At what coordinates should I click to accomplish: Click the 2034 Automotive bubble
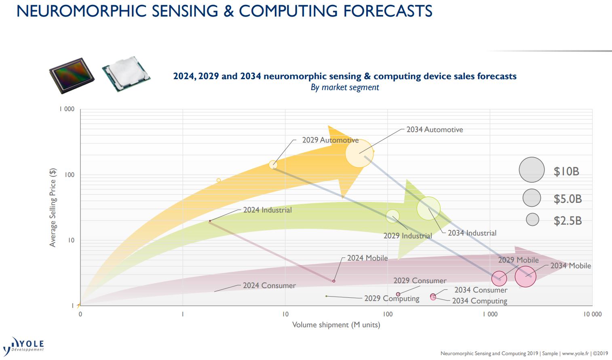coord(359,153)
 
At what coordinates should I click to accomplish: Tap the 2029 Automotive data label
coord(330,140)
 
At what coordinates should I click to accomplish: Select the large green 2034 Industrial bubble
coord(428,208)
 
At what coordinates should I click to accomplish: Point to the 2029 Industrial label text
coord(407,236)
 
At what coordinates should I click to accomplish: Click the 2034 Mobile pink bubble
coord(525,277)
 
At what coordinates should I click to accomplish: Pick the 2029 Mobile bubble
coord(499,279)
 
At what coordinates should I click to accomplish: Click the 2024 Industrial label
coord(267,210)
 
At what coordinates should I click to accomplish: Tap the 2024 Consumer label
coord(269,286)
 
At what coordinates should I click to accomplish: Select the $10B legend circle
coord(532,170)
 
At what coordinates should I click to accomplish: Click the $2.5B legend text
coord(568,221)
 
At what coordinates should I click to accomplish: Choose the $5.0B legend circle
coord(532,198)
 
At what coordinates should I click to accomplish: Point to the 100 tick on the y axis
coord(70,175)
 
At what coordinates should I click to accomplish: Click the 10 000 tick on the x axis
coord(592,314)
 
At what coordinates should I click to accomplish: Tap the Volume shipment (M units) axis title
coord(336,325)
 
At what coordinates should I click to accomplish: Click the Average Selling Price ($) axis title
coord(53,207)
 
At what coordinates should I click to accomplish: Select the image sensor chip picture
coord(72,75)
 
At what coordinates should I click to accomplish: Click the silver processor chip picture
coord(126,74)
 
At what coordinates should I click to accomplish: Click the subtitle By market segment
coord(344,87)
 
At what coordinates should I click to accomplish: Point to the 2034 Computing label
coord(479,301)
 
